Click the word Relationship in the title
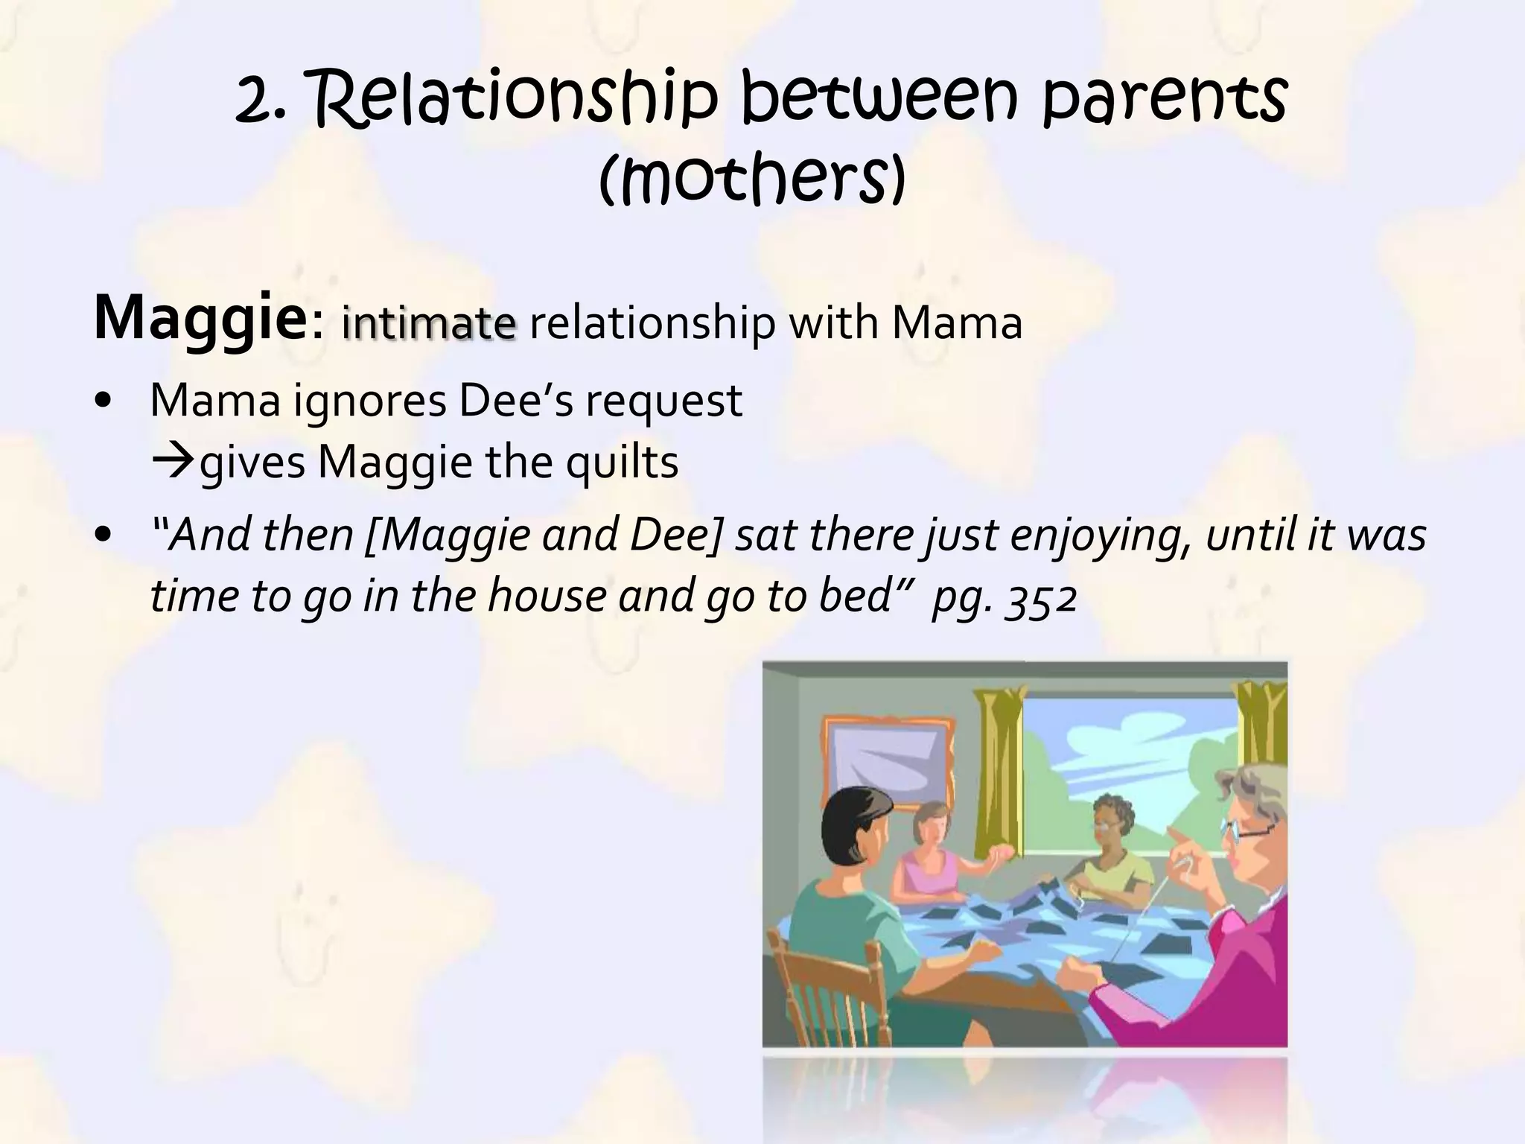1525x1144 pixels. coord(514,101)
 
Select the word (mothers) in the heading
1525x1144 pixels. coord(752,179)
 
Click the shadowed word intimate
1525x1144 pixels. coord(428,324)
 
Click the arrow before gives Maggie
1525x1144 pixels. coord(173,462)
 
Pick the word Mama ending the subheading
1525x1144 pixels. coord(957,324)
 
